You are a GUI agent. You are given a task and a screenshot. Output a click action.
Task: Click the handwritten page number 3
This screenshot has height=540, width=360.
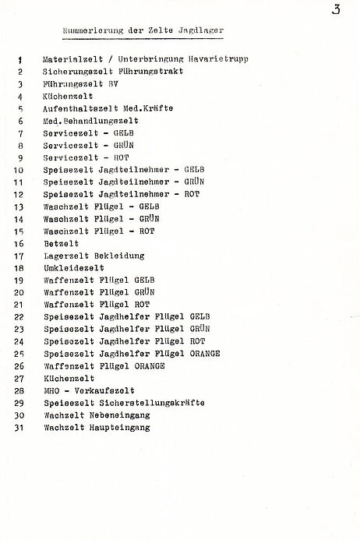[336, 11]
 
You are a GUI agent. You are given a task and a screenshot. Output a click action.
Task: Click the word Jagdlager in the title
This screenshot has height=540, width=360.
[200, 30]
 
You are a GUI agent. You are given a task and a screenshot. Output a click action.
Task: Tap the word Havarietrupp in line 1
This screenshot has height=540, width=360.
[221, 59]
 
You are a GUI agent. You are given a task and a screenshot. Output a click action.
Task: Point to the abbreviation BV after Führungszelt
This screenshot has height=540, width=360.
[113, 83]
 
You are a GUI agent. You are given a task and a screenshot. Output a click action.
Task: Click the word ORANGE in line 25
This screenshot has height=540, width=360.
[204, 353]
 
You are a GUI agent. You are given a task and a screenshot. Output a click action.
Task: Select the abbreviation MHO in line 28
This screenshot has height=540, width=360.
[52, 390]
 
